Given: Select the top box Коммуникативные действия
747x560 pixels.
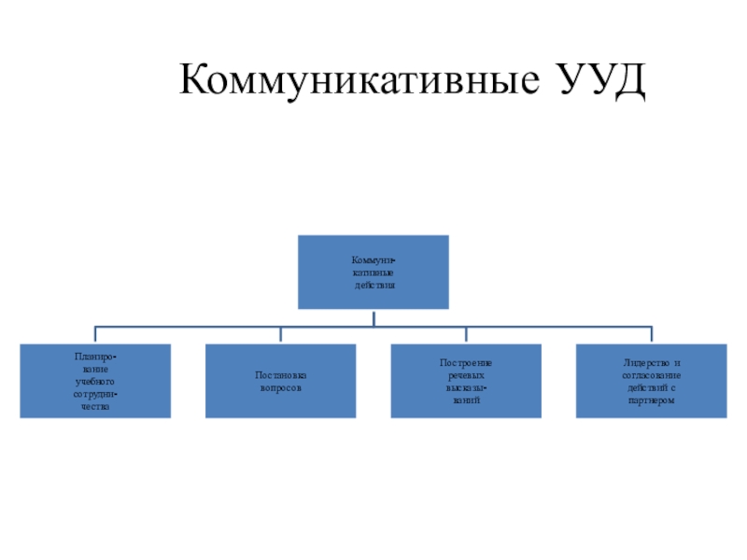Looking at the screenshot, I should point(373,272).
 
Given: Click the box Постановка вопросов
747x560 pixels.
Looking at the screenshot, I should point(281,381).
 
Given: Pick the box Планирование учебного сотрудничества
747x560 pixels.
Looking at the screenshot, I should point(95,381).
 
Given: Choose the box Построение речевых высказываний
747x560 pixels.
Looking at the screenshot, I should point(466,381).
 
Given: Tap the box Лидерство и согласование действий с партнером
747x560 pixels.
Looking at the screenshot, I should point(652,381).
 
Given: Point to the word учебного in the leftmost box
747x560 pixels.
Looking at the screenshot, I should point(95,382).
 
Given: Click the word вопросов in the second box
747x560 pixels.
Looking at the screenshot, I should point(281,387).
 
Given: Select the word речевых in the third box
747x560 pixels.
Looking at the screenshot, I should point(466,374).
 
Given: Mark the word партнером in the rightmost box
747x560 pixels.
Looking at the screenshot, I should point(652,400).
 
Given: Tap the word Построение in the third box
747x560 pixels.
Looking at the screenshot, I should point(466,362).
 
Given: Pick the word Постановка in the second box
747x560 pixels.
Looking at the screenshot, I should point(281,375).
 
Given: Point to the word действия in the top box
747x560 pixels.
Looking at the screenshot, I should point(373,284).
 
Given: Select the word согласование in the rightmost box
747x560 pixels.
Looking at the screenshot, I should point(652,375).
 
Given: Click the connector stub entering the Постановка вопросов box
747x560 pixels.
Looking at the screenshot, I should point(281,335).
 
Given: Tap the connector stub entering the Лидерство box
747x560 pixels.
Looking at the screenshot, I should point(652,335).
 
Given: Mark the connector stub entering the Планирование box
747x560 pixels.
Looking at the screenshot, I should point(95,335).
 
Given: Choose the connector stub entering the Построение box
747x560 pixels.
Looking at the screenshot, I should point(466,335).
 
